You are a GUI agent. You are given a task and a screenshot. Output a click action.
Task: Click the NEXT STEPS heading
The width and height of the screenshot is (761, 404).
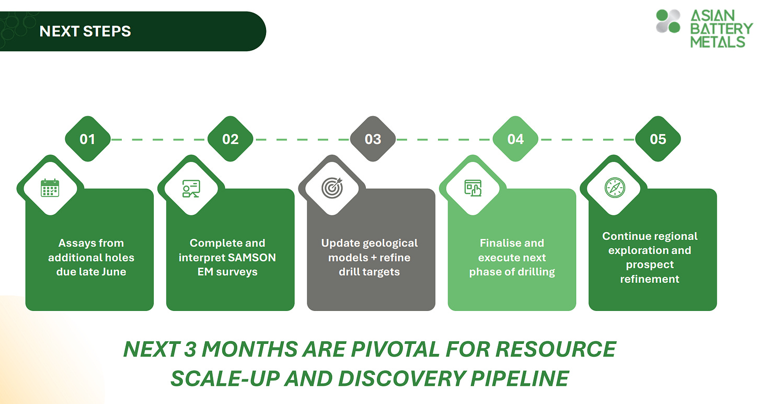tap(85, 31)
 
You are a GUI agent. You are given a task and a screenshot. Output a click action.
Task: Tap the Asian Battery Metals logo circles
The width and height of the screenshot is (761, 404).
tap(668, 21)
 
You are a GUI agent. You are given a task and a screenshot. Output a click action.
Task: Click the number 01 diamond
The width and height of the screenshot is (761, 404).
tap(87, 139)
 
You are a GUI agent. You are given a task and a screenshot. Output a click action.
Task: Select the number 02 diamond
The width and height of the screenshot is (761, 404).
tap(230, 139)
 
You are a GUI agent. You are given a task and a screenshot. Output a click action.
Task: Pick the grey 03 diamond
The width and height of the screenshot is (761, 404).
tap(373, 139)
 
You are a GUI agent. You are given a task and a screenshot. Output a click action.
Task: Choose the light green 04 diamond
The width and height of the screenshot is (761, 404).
tap(516, 139)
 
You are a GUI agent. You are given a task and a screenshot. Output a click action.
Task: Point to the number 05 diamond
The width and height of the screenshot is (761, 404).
tap(658, 139)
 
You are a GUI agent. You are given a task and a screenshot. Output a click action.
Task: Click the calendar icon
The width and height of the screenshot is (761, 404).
tap(50, 188)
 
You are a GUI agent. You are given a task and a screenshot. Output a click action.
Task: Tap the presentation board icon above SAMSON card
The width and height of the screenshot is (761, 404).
tap(191, 188)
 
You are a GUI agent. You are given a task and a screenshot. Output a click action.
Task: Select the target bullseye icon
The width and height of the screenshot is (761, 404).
tap(331, 188)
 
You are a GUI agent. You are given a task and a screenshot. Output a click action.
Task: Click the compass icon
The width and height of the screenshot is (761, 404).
tap(614, 188)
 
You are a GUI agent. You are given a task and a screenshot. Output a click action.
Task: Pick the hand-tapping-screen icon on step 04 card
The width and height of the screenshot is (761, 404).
tap(473, 188)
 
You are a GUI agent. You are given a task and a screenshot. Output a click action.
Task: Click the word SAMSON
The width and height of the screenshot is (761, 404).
tap(254, 258)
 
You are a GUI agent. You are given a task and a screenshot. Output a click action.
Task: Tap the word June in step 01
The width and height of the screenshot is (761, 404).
tap(113, 272)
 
